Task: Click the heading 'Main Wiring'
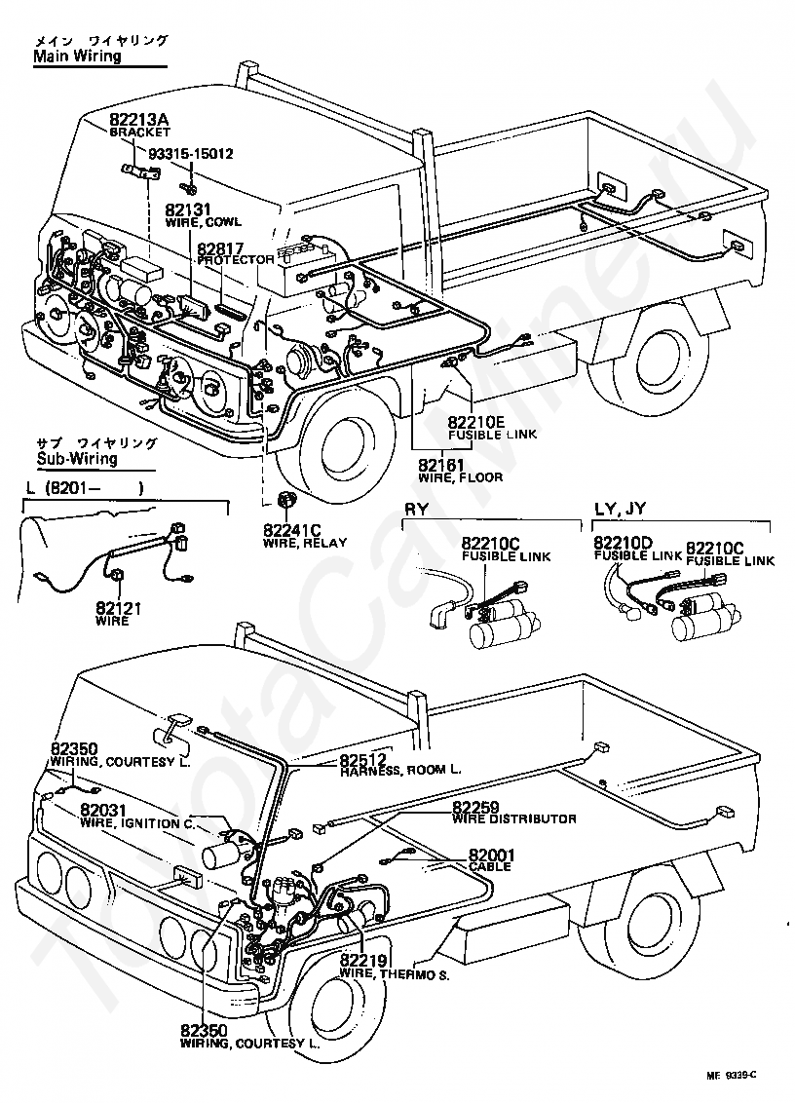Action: (x=77, y=57)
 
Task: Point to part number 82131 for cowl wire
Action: (x=188, y=209)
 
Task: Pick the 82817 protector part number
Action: (x=219, y=248)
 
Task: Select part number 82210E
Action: (x=477, y=422)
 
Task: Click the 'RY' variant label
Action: (x=415, y=508)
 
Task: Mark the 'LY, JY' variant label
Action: (x=620, y=508)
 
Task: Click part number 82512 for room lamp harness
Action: (x=363, y=759)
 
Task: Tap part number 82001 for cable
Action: (x=492, y=855)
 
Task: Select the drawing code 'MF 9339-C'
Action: (x=732, y=1075)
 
